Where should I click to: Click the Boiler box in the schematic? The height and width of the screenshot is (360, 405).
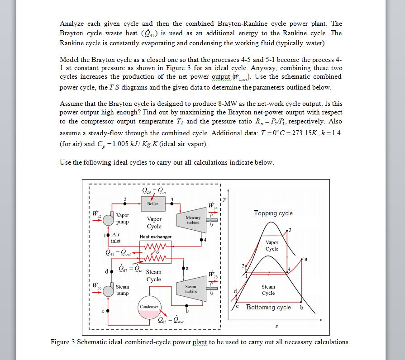click(x=153, y=204)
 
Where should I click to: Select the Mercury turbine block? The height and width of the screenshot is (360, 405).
click(x=193, y=220)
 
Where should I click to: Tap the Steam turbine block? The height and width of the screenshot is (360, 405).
click(x=191, y=289)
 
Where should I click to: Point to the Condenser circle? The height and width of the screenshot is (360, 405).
click(x=149, y=307)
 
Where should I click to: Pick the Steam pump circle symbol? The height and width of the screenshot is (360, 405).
click(x=109, y=290)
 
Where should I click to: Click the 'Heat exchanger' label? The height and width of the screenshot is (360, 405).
click(x=156, y=237)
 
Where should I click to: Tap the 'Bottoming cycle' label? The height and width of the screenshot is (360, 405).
click(x=268, y=307)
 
